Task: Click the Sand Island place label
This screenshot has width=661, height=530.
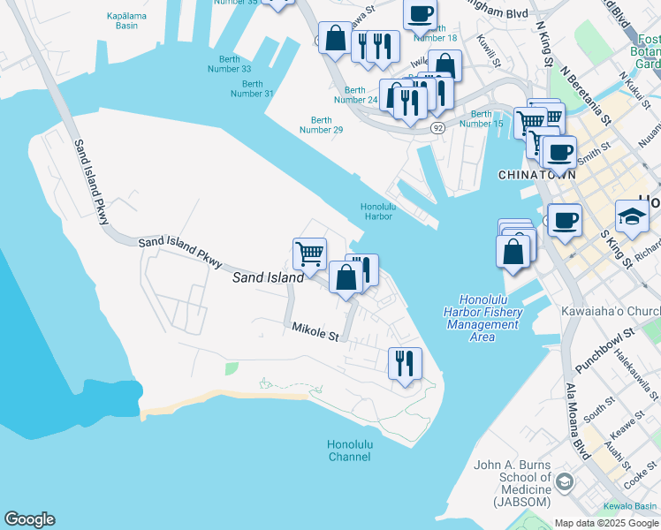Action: (268, 277)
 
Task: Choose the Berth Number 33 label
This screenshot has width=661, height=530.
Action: (229, 64)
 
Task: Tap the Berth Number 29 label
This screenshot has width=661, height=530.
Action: (321, 125)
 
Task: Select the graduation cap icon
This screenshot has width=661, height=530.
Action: (632, 216)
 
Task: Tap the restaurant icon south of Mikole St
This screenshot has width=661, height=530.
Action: (405, 362)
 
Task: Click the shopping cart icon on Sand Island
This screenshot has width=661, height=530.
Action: (309, 254)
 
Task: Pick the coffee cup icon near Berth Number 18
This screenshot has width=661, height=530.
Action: (421, 14)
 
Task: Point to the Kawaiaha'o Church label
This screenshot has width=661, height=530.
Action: (611, 311)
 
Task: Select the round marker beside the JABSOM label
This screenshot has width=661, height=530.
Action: (564, 483)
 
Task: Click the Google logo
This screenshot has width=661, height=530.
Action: (29, 519)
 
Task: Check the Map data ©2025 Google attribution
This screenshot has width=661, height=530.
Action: (605, 523)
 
